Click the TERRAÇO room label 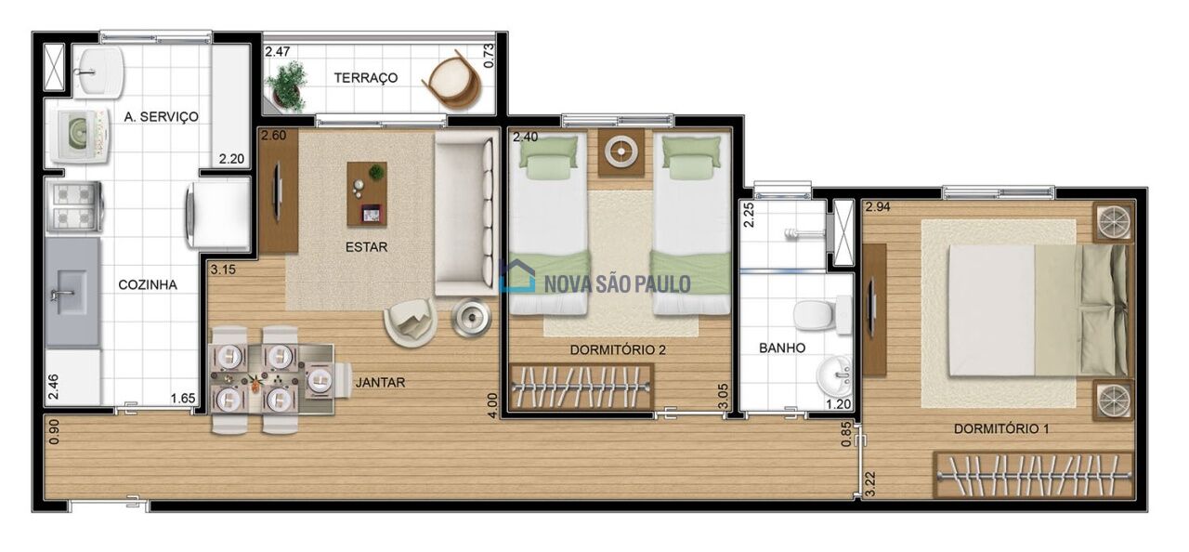coord(366,78)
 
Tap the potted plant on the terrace coord(287,86)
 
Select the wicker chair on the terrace coord(452,80)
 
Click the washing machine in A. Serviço coord(80,136)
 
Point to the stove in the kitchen coord(74,207)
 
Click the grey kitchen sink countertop coord(72,292)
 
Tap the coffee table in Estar coord(367,193)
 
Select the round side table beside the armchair coord(471,318)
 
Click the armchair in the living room coord(411,322)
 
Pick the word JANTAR coord(380,382)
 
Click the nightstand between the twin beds coord(621,152)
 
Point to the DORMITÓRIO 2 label coord(618,349)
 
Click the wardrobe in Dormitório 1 coord(1034,475)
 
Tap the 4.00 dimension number coord(492,406)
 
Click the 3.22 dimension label coord(870,484)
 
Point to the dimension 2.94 coord(878,207)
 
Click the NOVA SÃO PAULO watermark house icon coord(517,275)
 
